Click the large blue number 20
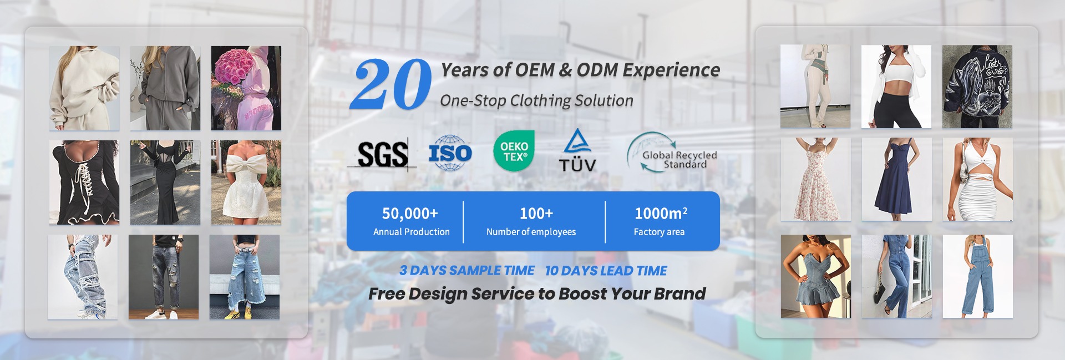[390, 84]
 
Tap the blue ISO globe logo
[450, 153]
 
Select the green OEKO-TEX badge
[514, 151]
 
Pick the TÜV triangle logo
[577, 150]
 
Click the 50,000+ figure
[410, 213]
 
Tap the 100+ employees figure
[536, 213]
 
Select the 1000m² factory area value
[661, 213]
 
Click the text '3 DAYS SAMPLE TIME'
[467, 271]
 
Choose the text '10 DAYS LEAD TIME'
[606, 271]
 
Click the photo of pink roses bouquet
[246, 88]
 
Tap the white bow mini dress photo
[246, 182]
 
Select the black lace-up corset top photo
[84, 182]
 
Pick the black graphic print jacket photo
[977, 87]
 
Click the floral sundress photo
[815, 179]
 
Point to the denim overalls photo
[977, 276]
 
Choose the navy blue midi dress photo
[896, 179]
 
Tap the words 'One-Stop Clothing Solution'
[536, 100]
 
